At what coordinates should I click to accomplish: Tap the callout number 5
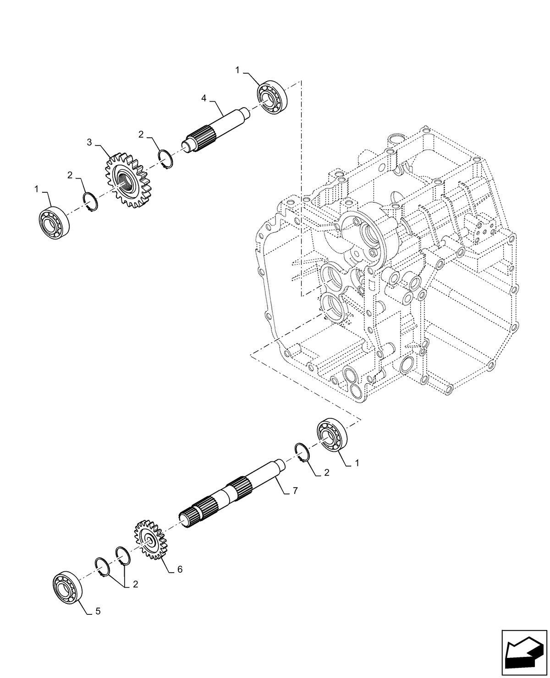[98, 611]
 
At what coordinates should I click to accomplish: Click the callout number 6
[180, 569]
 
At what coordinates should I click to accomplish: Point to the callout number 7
[295, 491]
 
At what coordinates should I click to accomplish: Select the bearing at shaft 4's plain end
[271, 97]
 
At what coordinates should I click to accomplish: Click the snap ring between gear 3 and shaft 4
[166, 159]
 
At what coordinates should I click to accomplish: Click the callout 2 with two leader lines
[135, 584]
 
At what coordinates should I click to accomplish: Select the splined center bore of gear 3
[124, 179]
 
